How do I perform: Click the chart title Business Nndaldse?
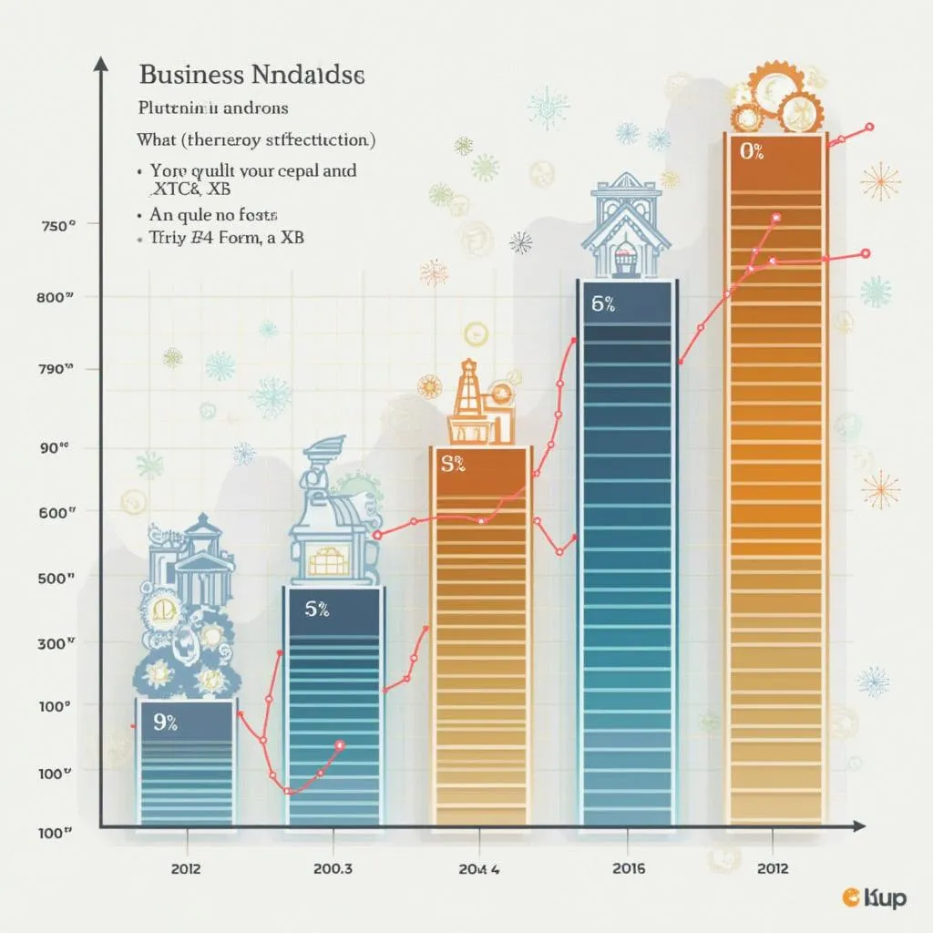251,76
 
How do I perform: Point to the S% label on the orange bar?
453,465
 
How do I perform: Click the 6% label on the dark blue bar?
603,305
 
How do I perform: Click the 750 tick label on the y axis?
57,226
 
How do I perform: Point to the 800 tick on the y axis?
57,296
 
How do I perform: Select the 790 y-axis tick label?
57,369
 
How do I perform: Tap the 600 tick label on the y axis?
57,512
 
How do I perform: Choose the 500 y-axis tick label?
57,578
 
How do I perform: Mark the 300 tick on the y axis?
57,643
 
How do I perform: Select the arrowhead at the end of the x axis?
857,826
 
